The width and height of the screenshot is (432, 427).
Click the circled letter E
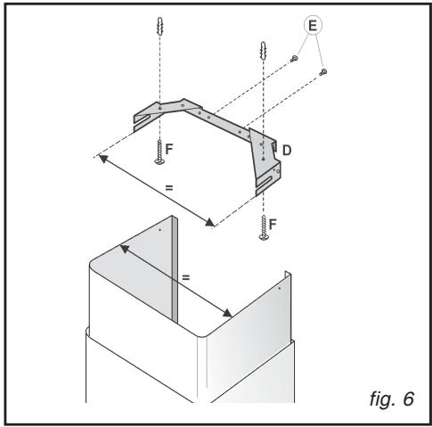click(x=313, y=25)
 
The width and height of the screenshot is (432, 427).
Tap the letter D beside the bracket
click(x=287, y=151)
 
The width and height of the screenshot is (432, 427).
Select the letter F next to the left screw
click(x=169, y=149)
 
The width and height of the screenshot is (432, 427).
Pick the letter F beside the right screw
click(x=273, y=224)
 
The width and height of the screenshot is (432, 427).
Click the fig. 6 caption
click(x=392, y=398)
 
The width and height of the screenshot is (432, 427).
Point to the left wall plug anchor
click(x=159, y=26)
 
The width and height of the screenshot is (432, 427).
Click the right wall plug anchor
click(x=263, y=51)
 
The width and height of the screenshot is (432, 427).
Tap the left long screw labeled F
click(x=159, y=152)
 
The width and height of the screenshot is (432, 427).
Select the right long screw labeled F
click(x=263, y=227)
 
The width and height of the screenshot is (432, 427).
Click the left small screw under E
click(x=294, y=59)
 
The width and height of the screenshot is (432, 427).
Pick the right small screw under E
click(x=323, y=72)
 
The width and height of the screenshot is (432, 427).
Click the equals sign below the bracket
click(x=169, y=188)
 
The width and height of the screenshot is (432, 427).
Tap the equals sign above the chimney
click(x=185, y=278)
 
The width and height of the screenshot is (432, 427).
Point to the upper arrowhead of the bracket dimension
click(x=102, y=159)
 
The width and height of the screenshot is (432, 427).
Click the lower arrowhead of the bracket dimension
click(x=210, y=223)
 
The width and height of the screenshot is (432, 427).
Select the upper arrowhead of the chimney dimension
click(x=124, y=249)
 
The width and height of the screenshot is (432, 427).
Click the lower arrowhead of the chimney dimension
click(x=227, y=313)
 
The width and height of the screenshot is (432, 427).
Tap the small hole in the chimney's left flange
click(x=160, y=230)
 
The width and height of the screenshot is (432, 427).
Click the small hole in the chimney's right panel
click(x=280, y=288)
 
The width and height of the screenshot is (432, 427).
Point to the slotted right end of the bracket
click(x=268, y=180)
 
